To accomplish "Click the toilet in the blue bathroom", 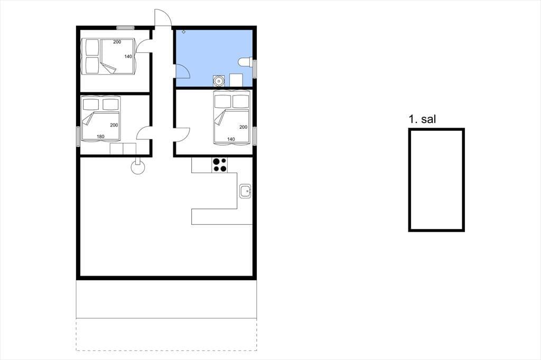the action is click(245, 62).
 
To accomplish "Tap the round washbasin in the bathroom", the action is click(218, 80).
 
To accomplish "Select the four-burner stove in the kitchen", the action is click(219, 165).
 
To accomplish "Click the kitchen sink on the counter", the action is click(245, 191).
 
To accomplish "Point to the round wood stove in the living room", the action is click(138, 167).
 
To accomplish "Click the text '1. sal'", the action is click(422, 119).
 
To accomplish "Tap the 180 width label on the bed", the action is click(100, 137).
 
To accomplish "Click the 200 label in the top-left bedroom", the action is click(117, 42).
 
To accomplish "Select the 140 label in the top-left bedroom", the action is click(128, 56).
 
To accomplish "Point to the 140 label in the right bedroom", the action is click(231, 139).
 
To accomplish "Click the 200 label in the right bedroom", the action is click(243, 127).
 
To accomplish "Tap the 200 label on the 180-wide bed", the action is click(114, 125).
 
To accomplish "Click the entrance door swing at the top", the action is click(163, 17).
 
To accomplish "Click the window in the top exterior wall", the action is click(125, 28).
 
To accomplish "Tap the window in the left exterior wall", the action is click(78, 137).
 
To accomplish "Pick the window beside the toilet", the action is click(255, 69).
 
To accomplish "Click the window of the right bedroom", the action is click(255, 136).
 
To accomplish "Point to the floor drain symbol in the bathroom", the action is click(183, 32).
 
